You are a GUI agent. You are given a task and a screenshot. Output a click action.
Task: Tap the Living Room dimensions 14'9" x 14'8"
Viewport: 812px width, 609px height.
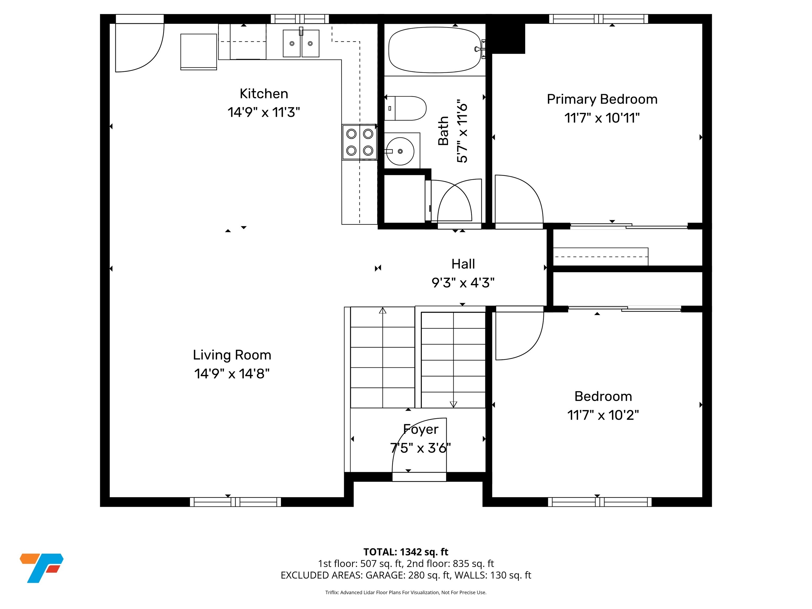click(x=232, y=374)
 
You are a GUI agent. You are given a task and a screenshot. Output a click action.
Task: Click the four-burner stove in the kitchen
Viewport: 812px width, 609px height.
click(x=360, y=142)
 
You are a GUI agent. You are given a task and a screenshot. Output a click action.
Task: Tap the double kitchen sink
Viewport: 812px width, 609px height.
click(x=301, y=43)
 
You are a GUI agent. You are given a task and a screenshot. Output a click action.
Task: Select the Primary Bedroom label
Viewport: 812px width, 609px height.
click(x=602, y=99)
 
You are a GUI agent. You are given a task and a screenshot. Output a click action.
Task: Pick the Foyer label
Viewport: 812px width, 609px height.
click(x=421, y=429)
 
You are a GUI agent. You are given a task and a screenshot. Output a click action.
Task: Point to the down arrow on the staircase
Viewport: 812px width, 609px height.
click(x=453, y=404)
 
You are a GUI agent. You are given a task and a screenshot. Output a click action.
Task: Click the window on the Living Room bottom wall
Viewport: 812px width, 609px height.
click(x=235, y=502)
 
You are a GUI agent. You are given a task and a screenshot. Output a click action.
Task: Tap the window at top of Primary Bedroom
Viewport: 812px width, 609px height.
click(x=598, y=19)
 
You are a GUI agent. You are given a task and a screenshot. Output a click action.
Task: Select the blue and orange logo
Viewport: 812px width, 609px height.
click(x=41, y=568)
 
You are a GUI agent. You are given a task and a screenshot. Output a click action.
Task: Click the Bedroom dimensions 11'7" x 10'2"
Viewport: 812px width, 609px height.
click(x=603, y=416)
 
